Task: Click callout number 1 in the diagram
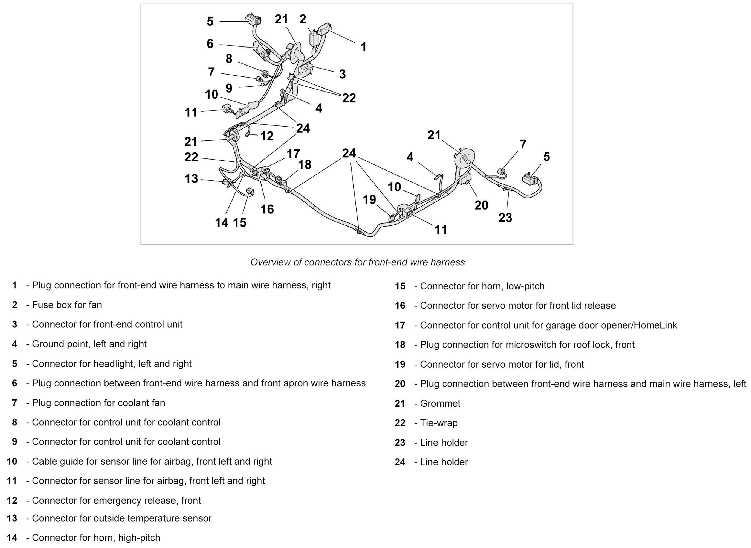coord(364,47)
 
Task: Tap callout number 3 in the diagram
coord(343,74)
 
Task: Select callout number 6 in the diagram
coord(210,44)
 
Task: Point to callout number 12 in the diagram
coord(267,136)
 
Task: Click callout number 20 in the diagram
coord(481,205)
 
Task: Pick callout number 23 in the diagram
coord(505,218)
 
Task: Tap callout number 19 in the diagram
coord(369,200)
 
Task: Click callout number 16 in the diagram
coord(267,209)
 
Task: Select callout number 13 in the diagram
coord(191,179)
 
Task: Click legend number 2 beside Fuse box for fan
coord(15,305)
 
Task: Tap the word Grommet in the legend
coord(440,403)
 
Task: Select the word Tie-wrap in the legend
coord(439,423)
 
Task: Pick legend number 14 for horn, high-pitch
coord(12,538)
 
